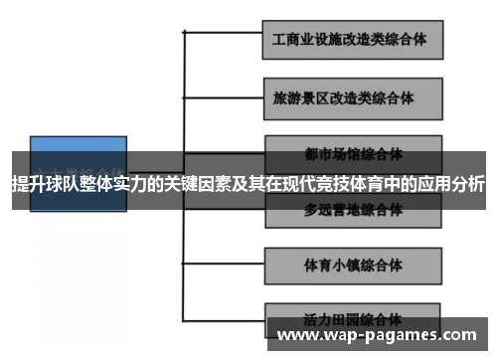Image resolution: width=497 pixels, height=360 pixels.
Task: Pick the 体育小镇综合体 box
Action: pyautogui.click(x=354, y=268)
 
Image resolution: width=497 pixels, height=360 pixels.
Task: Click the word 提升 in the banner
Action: pyautogui.click(x=29, y=185)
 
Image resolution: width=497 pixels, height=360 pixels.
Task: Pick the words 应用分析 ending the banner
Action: pyautogui.click(x=450, y=185)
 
